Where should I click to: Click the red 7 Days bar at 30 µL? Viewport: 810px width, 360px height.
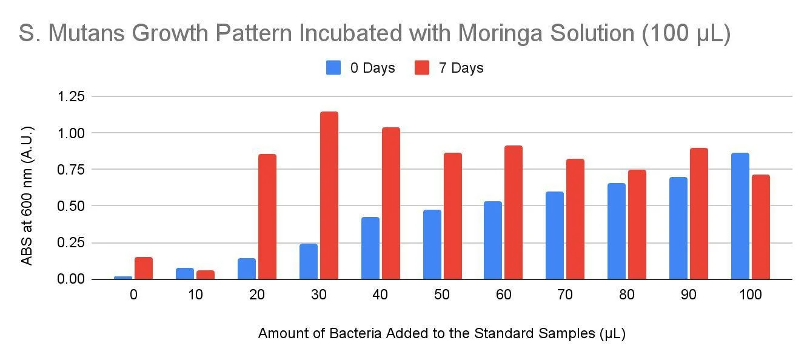pyautogui.click(x=329, y=195)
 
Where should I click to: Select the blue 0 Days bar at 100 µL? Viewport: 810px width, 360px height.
pyautogui.click(x=740, y=216)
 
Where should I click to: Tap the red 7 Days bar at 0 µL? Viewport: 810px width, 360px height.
pyautogui.click(x=144, y=268)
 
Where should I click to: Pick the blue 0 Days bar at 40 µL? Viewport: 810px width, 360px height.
pyautogui.click(x=370, y=248)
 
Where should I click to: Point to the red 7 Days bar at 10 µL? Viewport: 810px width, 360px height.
pyautogui.click(x=206, y=275)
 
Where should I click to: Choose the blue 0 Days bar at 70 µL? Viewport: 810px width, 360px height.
pyautogui.click(x=555, y=235)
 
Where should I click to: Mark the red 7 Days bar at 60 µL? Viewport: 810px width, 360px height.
pyautogui.click(x=514, y=212)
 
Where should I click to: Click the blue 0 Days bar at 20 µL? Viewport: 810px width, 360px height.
pyautogui.click(x=247, y=268)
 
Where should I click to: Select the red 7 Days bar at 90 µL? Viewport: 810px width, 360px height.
pyautogui.click(x=699, y=213)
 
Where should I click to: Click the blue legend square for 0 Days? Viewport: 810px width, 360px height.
pyautogui.click(x=333, y=68)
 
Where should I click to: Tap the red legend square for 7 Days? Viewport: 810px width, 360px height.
pyautogui.click(x=421, y=68)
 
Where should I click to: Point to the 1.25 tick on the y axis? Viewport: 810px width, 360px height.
pyautogui.click(x=71, y=96)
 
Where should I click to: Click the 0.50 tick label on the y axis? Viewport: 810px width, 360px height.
pyautogui.click(x=71, y=206)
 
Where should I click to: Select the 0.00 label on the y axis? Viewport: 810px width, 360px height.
pyautogui.click(x=71, y=279)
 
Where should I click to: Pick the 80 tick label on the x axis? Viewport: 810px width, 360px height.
pyautogui.click(x=627, y=295)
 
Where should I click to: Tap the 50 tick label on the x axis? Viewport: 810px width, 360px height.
pyautogui.click(x=441, y=295)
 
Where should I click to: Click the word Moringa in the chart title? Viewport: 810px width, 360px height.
pyautogui.click(x=500, y=33)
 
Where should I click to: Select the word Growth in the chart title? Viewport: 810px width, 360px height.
pyautogui.click(x=170, y=33)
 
